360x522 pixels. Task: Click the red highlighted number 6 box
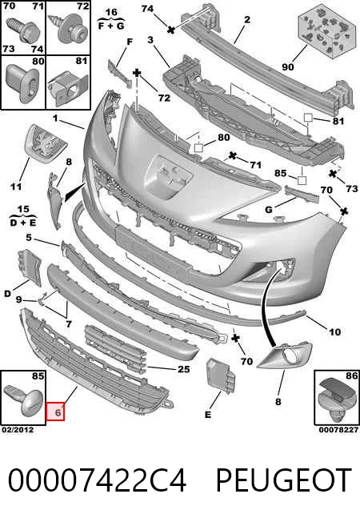point(55,412)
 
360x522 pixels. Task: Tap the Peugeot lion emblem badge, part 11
point(46,143)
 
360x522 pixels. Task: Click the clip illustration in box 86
point(336,402)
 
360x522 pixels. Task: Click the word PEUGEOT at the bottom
point(284,480)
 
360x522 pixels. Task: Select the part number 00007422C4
point(97,480)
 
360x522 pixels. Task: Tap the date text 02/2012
point(18,430)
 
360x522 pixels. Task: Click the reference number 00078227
point(338,430)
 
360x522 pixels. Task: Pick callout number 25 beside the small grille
point(184,369)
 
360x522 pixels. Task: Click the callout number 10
point(334,331)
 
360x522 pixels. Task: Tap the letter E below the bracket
point(208,415)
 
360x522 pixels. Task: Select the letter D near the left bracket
point(7,294)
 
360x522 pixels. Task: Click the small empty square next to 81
point(308,118)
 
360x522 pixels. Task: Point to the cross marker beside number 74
point(171,30)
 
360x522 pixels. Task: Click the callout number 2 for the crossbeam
point(247,20)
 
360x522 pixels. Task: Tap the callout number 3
point(150,40)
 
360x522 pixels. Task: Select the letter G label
point(269,210)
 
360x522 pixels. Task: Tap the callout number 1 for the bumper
point(55,118)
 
